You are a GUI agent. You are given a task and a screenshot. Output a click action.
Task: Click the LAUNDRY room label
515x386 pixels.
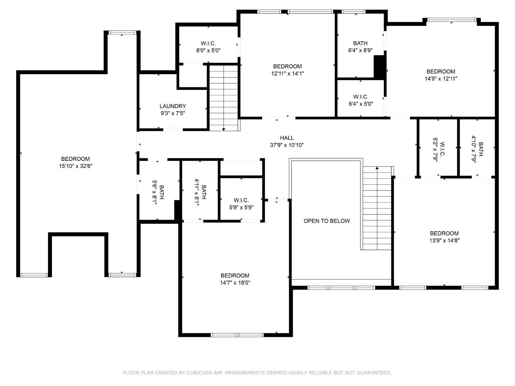(x=173, y=106)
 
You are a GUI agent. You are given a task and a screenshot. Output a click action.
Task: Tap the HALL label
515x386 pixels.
(x=287, y=138)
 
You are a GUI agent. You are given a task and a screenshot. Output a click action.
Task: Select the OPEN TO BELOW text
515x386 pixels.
(x=327, y=221)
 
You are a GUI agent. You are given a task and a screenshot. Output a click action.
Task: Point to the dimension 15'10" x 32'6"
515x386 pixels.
(x=76, y=166)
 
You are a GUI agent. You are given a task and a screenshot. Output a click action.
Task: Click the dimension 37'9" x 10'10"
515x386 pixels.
(x=287, y=145)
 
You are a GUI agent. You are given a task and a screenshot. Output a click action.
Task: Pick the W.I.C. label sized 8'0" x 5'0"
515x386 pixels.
(x=208, y=43)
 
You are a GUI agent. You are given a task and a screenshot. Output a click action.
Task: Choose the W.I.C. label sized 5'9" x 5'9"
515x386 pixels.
(x=241, y=200)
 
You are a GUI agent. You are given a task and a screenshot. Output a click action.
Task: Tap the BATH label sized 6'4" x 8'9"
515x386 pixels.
(x=360, y=43)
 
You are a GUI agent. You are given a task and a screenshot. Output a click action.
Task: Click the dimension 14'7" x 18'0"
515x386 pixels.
(x=235, y=283)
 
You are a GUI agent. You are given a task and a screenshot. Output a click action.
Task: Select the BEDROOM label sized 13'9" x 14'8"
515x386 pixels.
(x=444, y=233)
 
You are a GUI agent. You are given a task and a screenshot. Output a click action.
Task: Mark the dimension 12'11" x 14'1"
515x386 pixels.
(x=287, y=73)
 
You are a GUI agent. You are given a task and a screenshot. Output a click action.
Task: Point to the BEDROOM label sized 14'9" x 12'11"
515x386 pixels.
(x=440, y=71)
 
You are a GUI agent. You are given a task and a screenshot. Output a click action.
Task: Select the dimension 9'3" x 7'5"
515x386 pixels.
(x=173, y=113)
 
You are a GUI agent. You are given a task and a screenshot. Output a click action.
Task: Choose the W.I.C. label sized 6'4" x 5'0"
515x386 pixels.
(x=360, y=96)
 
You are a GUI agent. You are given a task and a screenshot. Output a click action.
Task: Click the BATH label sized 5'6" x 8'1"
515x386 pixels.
(x=161, y=192)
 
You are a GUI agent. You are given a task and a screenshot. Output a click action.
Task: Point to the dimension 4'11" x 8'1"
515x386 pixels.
(x=197, y=192)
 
